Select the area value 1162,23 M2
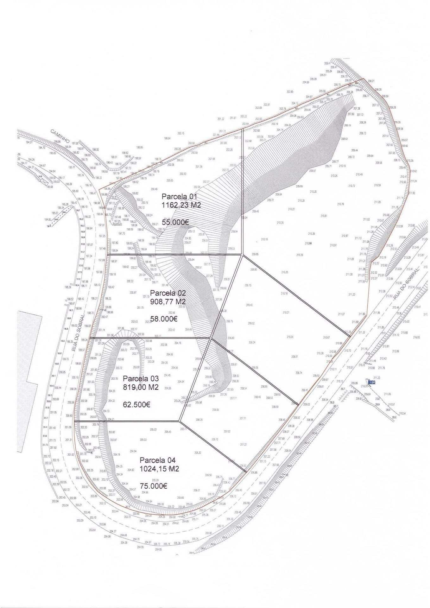tap(181, 205)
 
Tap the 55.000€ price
tap(175, 222)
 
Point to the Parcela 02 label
tap(168, 293)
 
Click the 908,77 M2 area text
tap(168, 301)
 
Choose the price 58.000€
tap(164, 319)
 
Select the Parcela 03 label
tap(141, 378)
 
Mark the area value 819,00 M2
tap(141, 387)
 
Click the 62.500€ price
tap(136, 404)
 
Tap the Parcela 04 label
tap(157, 460)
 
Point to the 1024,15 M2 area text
tap(159, 469)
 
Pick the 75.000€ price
tap(154, 486)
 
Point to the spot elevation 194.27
tap(29, 142)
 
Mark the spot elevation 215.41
tap(417, 307)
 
